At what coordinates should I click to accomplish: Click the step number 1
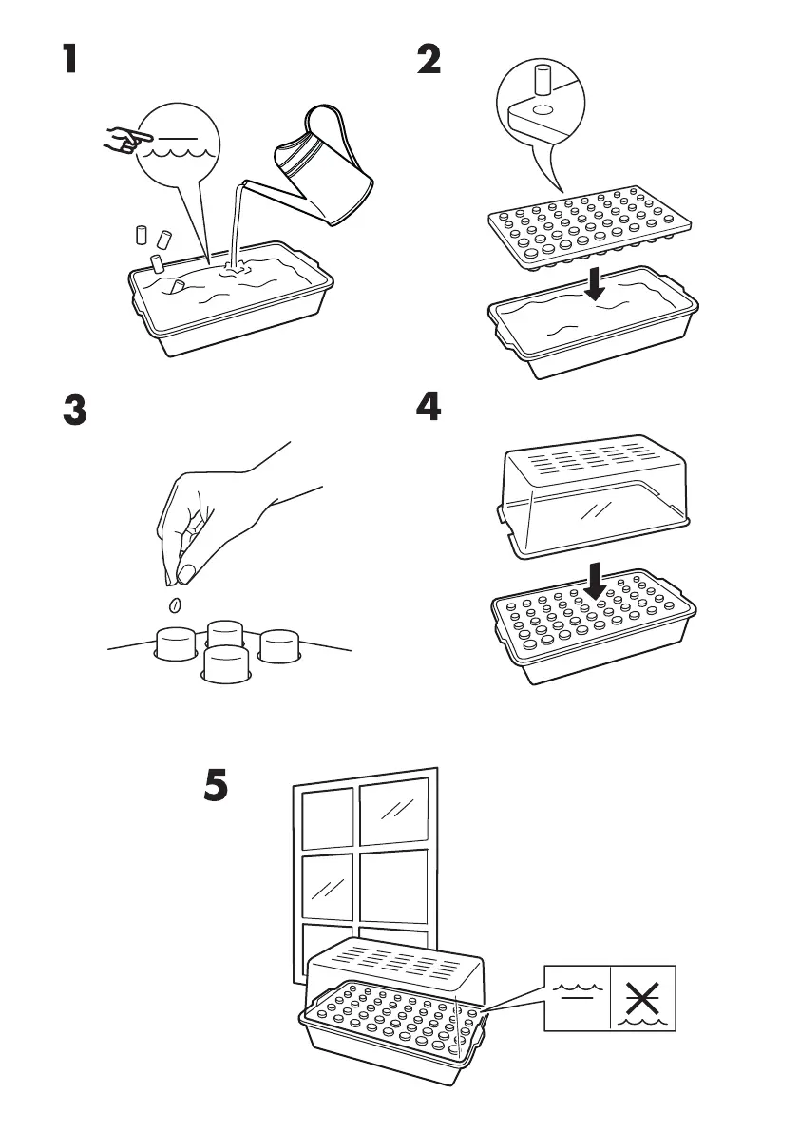click(x=67, y=61)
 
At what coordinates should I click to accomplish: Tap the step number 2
click(x=429, y=61)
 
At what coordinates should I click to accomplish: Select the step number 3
click(x=73, y=412)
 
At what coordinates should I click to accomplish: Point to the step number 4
click(x=429, y=408)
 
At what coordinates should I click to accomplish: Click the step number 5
click(x=218, y=785)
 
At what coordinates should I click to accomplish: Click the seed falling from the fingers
click(x=174, y=605)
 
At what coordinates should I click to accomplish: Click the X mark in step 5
click(x=642, y=998)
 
